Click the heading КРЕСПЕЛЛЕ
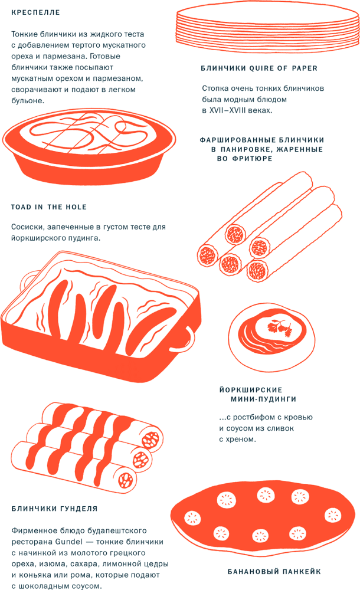[36, 12]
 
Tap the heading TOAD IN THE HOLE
[49, 207]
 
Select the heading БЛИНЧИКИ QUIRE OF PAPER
[259, 68]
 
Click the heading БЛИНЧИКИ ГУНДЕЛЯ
[54, 508]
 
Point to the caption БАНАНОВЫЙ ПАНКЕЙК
[274, 572]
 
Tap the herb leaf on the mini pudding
[280, 327]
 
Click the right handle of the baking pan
[187, 338]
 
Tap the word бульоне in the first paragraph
[27, 101]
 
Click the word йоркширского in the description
[38, 238]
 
